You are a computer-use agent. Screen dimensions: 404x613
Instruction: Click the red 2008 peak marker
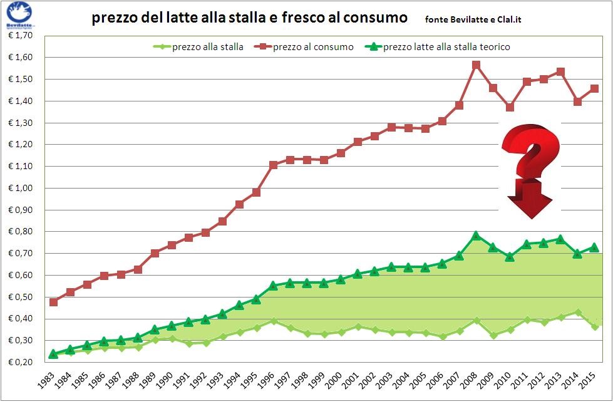click(476, 65)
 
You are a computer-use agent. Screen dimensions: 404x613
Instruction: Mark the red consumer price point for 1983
click(54, 302)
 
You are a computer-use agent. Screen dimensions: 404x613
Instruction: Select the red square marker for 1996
click(273, 165)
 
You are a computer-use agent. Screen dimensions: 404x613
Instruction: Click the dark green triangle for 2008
click(476, 236)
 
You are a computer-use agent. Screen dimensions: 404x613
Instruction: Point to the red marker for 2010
click(510, 107)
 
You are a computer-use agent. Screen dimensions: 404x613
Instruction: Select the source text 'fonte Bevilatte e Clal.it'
click(473, 19)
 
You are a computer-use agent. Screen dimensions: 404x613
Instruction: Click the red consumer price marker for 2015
click(594, 88)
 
